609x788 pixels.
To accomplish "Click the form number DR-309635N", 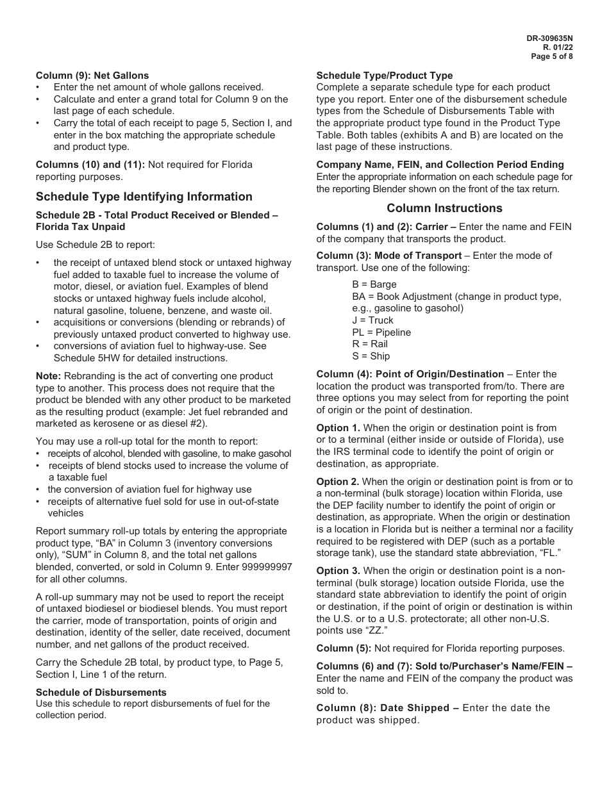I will click(x=549, y=38).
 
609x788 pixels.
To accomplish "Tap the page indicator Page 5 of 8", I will click(x=552, y=56).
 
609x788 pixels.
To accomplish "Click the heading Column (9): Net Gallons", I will click(x=92, y=76).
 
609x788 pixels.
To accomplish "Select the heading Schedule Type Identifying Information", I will click(x=144, y=197).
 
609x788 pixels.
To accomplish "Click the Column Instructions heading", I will click(x=444, y=208).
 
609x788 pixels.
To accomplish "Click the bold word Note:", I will click(x=48, y=376).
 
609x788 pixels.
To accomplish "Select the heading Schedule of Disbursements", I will click(x=101, y=693).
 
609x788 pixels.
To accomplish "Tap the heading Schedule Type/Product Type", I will click(x=385, y=76).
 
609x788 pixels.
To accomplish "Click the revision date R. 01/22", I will click(x=558, y=47).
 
